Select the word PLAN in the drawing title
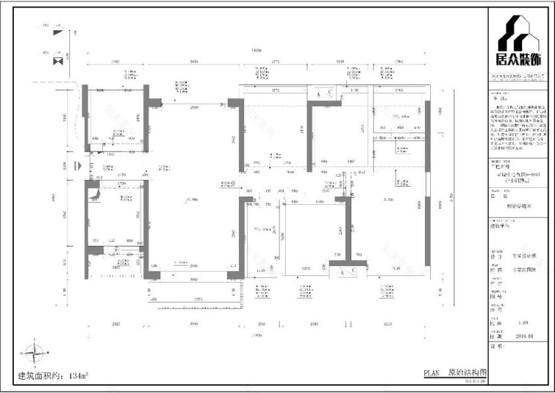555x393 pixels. point(434,373)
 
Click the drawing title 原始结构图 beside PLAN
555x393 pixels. point(467,373)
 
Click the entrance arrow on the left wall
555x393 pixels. point(77,167)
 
